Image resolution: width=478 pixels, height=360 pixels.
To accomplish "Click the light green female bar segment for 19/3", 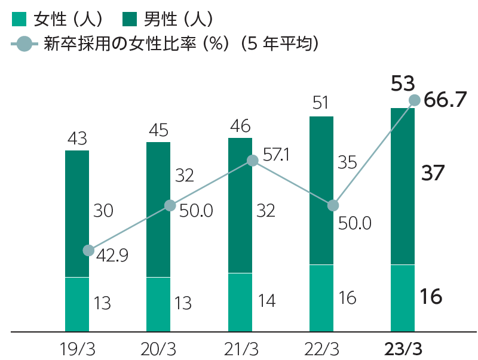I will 77,304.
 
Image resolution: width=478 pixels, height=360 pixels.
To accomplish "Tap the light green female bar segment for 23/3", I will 402,297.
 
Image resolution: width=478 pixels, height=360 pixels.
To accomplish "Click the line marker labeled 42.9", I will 88,250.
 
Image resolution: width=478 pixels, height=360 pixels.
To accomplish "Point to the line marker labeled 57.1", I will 252,160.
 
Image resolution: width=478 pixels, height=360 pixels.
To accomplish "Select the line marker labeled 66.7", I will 413,100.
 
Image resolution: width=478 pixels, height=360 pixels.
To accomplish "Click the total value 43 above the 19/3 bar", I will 78,139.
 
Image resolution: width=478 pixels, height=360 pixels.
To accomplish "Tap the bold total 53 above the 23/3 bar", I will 403,84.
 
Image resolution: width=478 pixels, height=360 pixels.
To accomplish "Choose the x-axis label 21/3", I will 240,347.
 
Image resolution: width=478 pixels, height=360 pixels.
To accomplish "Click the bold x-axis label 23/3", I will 403,347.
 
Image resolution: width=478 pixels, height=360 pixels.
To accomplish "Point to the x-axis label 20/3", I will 158,347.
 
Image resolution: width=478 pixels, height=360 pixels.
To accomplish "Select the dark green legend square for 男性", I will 130,20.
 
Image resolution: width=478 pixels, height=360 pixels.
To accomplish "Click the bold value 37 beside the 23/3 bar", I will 433,173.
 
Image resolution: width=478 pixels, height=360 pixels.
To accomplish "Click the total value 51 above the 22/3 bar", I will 321,104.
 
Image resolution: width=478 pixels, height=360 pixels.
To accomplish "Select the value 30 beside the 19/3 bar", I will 103,211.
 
